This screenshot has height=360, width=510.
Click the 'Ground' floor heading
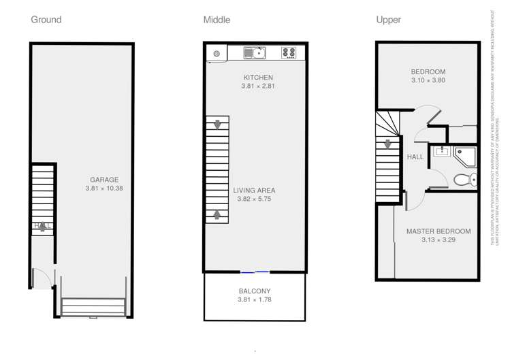[x=46, y=20]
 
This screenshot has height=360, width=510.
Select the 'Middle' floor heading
[x=217, y=20]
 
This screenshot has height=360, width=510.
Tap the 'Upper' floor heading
[x=388, y=20]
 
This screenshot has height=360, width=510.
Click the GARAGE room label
[x=103, y=180]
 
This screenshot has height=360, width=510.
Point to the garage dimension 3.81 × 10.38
[x=103, y=189]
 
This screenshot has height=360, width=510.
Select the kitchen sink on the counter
[x=255, y=52]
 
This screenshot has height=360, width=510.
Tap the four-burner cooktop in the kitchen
[x=289, y=52]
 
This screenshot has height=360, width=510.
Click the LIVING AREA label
[x=254, y=191]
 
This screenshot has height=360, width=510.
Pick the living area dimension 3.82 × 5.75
[x=254, y=199]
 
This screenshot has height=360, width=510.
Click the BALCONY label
[x=254, y=291]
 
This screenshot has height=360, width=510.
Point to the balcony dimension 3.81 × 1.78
[x=254, y=299]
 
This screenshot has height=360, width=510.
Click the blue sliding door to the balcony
[x=255, y=272]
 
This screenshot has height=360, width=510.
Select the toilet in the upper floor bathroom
[x=463, y=180]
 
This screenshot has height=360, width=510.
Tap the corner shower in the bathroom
[x=466, y=156]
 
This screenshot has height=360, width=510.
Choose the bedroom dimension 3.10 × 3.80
[x=428, y=80]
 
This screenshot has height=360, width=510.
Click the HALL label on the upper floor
[x=415, y=157]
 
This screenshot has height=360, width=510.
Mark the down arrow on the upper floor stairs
[x=387, y=144]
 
